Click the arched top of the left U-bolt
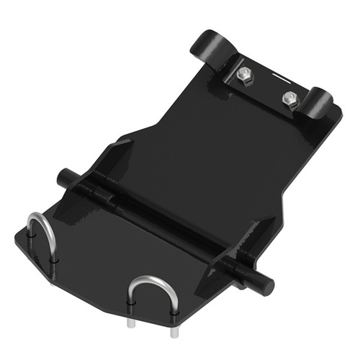(40, 217)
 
